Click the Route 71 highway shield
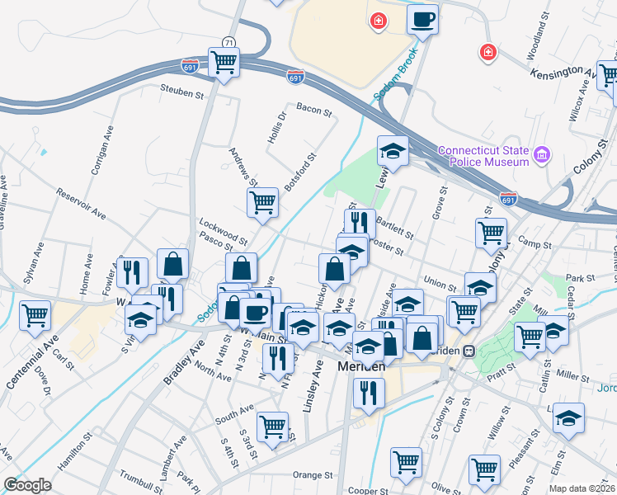point(228,42)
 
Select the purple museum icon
point(542,154)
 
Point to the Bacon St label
point(313,110)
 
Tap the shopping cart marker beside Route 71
point(224,62)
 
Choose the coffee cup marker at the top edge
point(422,20)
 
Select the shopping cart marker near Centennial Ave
point(35,314)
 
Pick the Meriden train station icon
point(469,350)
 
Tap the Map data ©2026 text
point(581,488)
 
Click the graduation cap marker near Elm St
point(568,418)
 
